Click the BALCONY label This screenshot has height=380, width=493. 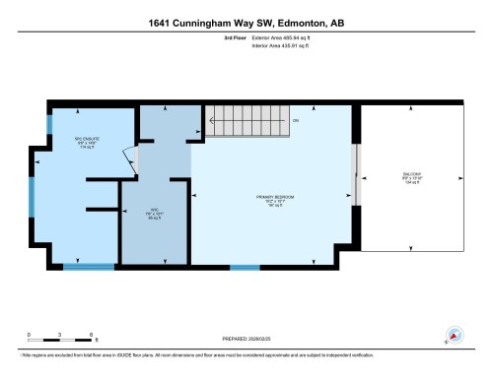[x=412, y=179]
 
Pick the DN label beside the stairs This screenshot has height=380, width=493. [x=294, y=121]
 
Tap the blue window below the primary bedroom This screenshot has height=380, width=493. [x=245, y=267]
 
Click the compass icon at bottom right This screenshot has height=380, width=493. [x=455, y=334]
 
